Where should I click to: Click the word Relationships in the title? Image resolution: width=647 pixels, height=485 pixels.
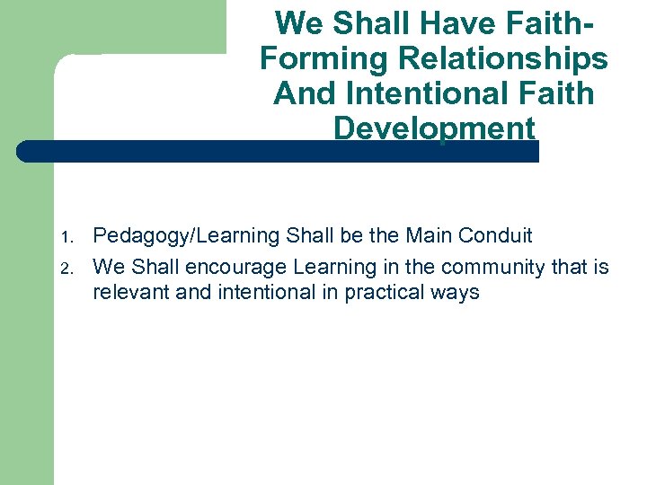[496, 59]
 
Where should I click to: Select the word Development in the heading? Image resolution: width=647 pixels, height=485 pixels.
[434, 128]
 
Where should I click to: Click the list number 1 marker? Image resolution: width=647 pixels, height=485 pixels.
[65, 238]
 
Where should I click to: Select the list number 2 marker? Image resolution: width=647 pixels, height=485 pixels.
[65, 268]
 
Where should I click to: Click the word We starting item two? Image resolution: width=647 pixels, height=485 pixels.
[110, 267]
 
